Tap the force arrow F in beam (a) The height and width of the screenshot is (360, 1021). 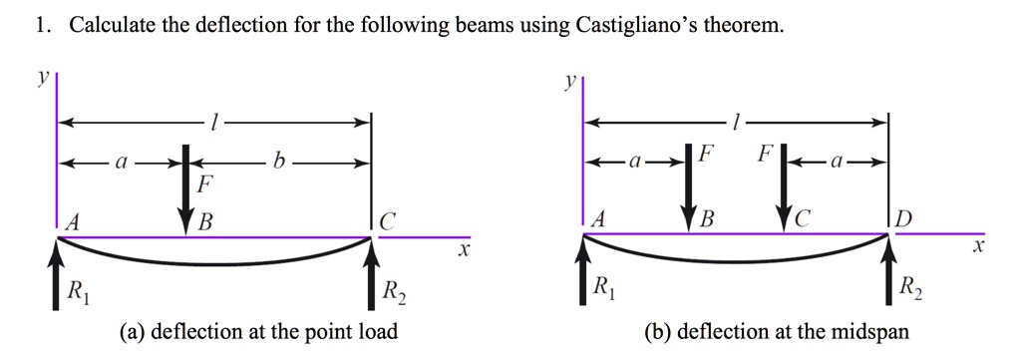point(185,189)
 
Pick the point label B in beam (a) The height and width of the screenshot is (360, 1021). point(204,221)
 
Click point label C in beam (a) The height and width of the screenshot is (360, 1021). point(388,221)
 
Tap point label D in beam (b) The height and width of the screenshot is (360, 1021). point(903,221)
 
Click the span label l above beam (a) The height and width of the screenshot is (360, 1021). point(210,123)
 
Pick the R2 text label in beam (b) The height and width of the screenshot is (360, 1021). point(908,291)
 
